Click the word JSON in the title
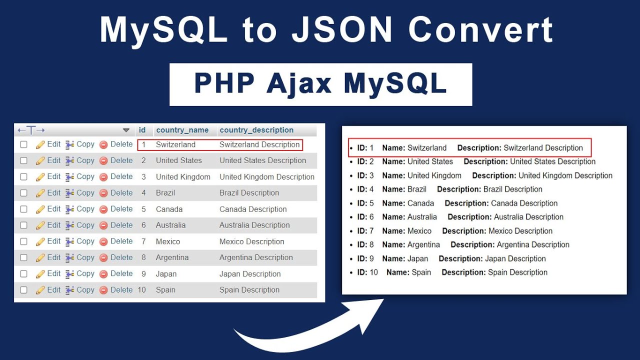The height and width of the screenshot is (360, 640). point(342,30)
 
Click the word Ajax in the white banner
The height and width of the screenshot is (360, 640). point(298,83)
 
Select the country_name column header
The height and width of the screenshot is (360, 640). point(182,130)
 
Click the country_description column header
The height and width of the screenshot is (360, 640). point(256,130)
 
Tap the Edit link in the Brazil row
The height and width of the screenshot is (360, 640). point(53,192)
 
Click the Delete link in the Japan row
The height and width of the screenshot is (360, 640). point(121,273)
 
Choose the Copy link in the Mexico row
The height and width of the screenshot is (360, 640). point(85,241)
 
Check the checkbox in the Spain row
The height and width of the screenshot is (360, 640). point(23,290)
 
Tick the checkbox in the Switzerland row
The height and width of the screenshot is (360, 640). point(23,144)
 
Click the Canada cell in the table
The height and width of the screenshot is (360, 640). point(169,209)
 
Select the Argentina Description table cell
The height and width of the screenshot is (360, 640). point(256,257)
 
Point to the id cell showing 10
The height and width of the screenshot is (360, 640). point(142,290)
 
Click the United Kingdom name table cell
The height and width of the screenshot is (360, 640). point(183,176)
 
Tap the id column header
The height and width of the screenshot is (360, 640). point(142,130)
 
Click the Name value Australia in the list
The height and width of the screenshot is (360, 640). point(422,217)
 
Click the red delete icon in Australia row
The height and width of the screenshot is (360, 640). point(103,225)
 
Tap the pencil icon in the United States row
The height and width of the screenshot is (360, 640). point(40,161)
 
